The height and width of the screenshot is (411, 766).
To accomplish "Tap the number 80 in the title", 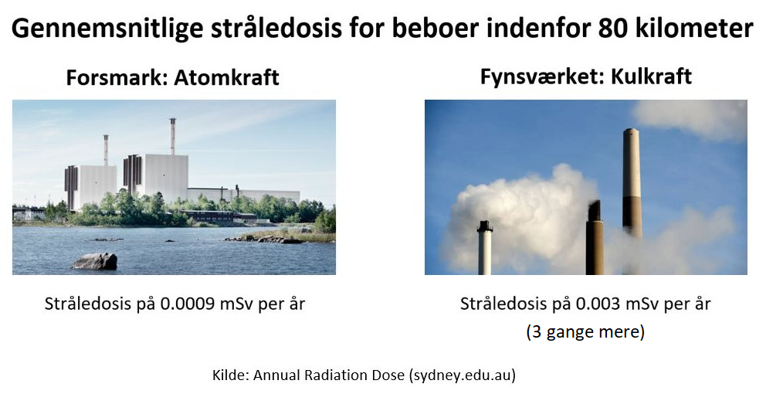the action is pyautogui.click(x=612, y=28).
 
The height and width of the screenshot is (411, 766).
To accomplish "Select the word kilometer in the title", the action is pyautogui.click(x=694, y=28).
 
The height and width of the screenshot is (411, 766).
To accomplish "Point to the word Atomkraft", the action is pyautogui.click(x=227, y=78).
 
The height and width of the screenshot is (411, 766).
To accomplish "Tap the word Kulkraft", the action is pyautogui.click(x=651, y=76).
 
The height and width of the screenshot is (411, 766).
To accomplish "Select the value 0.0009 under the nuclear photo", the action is pyautogui.click(x=188, y=304).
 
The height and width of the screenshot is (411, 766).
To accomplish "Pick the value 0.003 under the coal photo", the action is pyautogui.click(x=598, y=304).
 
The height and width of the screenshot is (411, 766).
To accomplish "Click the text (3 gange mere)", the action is pyautogui.click(x=585, y=332).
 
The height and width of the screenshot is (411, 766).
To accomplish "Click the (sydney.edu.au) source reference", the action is pyautogui.click(x=462, y=375).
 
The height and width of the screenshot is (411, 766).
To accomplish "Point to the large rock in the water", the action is pyautogui.click(x=95, y=261).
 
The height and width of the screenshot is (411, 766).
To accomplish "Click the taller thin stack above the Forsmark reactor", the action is pyautogui.click(x=172, y=136).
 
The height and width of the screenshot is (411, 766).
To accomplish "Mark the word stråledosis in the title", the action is pyautogui.click(x=276, y=29).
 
